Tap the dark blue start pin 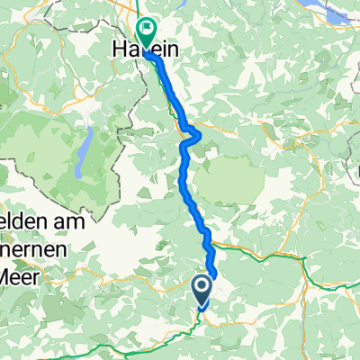coord(202,290)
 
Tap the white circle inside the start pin coord(202,287)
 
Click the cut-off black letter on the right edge coord(356,167)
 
